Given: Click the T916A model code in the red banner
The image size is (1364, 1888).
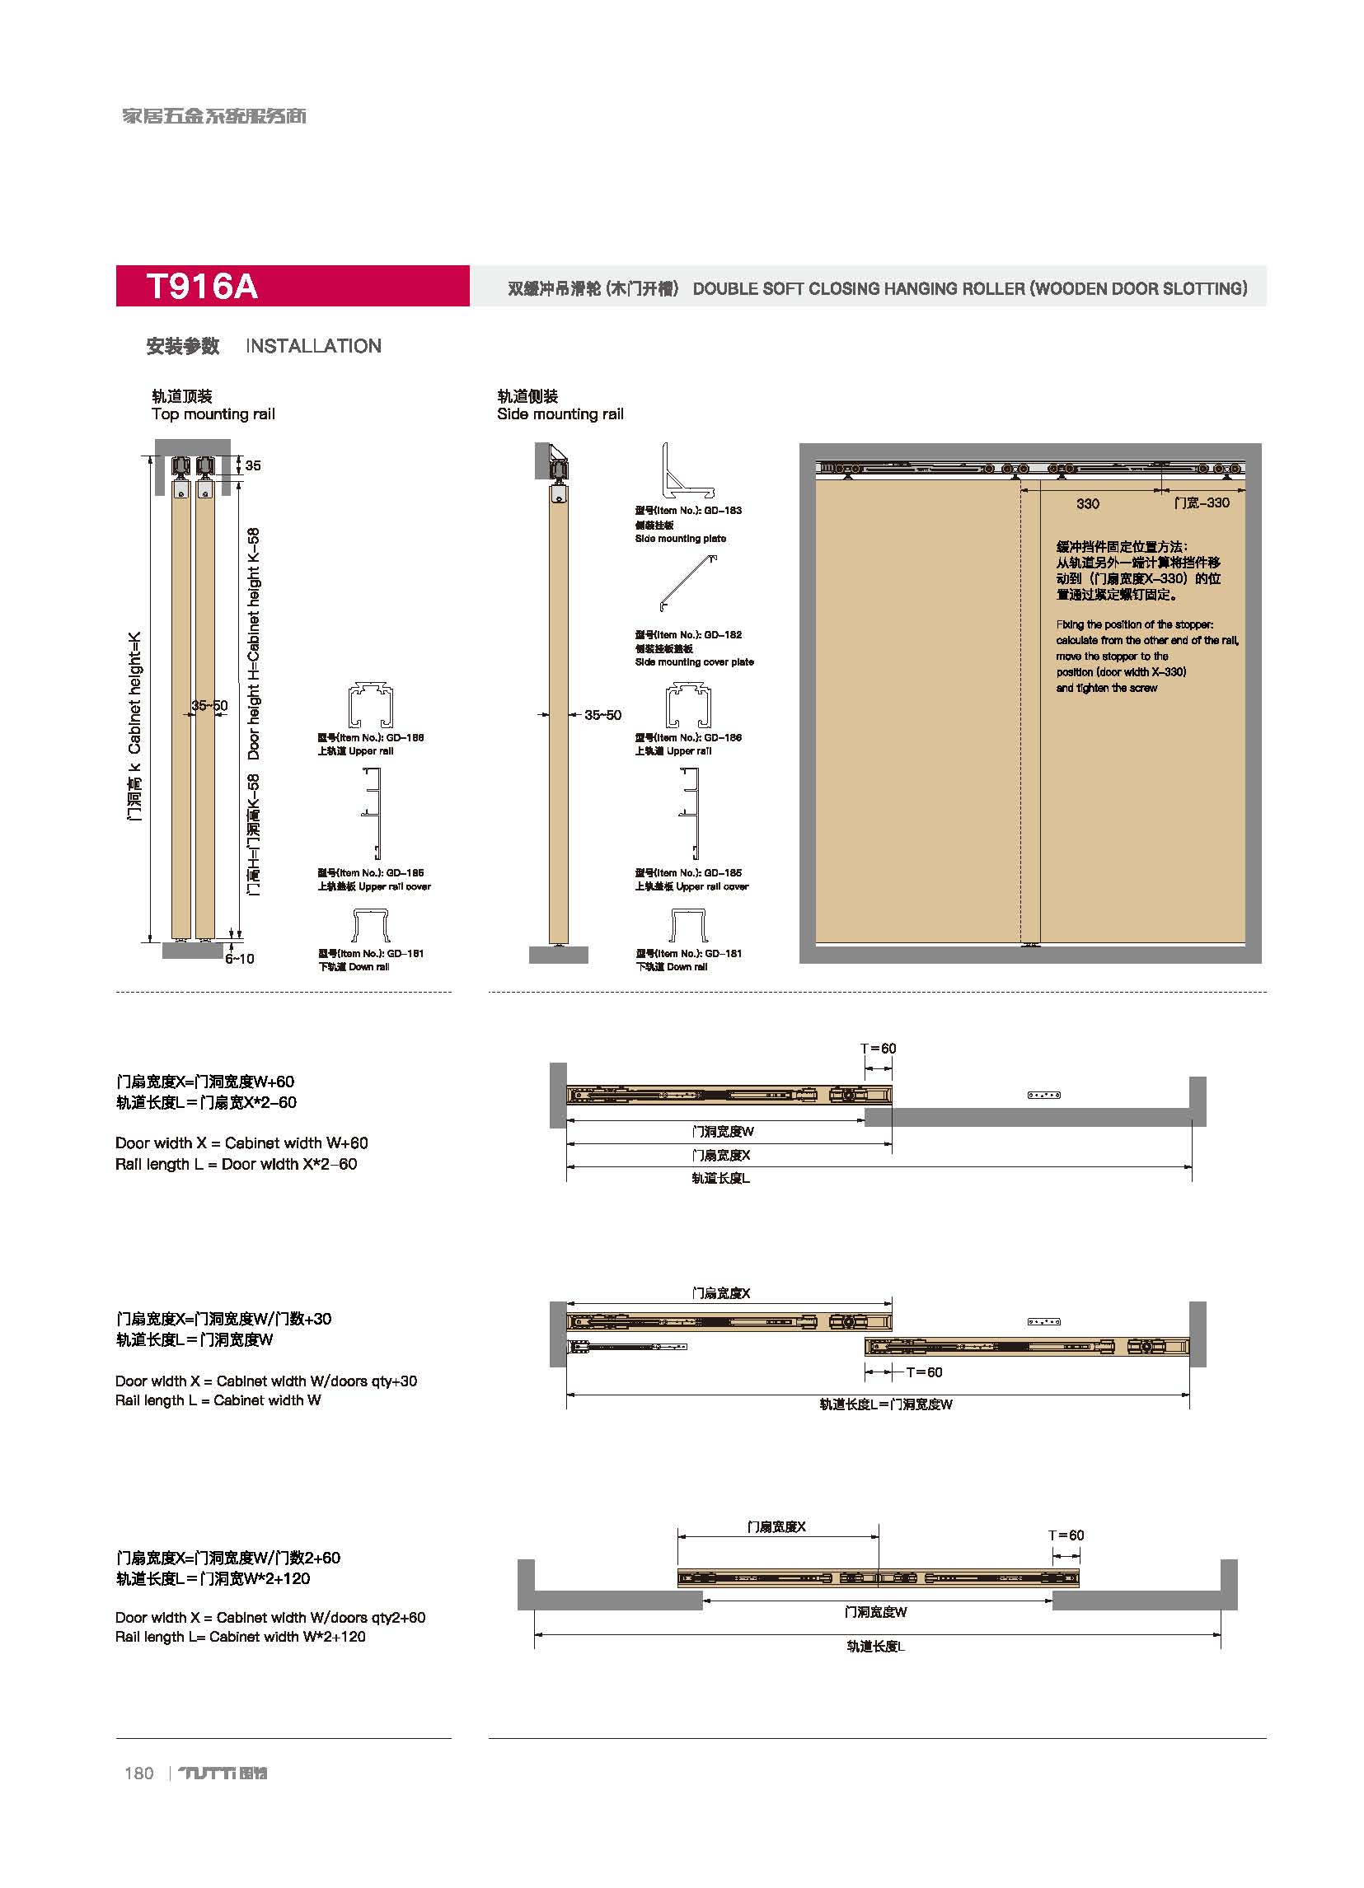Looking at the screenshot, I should pos(203,287).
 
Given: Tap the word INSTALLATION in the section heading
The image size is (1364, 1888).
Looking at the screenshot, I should pos(313,346).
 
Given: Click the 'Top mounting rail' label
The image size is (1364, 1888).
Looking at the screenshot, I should pos(213,414).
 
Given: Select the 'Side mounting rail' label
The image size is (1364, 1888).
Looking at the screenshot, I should pos(560,414).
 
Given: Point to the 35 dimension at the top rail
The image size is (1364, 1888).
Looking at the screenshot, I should pos(253,465).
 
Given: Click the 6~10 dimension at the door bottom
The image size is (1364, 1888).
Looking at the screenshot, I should pos(239,959).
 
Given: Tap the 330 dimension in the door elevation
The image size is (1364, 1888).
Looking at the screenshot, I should pos(1088,503).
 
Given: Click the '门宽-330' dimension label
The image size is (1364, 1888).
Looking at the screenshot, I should pos(1201,502).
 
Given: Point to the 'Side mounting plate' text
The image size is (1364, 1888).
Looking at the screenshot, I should pos(680,539).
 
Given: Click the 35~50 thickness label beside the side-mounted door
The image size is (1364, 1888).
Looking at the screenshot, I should pos(602,715).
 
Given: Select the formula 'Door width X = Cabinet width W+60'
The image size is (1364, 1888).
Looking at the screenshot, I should pos(241,1143).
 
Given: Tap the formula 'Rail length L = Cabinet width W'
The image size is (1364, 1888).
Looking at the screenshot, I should pos(218,1400).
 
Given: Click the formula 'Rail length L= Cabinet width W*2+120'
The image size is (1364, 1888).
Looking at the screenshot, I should pos(241,1637).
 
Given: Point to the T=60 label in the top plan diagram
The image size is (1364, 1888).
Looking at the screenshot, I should pos(879,1048).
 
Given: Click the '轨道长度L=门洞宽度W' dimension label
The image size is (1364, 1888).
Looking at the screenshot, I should pos(885,1404).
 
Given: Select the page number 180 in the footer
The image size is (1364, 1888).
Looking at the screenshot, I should pos(139,1774).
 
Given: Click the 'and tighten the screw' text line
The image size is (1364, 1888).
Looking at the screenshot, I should pos(1107,688).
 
